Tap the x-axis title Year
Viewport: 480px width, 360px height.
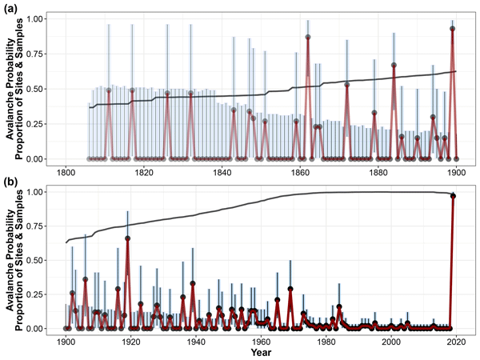260,352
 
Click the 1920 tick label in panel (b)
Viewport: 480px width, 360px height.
130,341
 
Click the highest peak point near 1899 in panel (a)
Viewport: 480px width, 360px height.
453,28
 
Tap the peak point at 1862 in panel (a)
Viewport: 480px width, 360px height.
308,37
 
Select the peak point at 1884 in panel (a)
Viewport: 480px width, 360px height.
394,65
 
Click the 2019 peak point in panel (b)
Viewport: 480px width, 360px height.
453,196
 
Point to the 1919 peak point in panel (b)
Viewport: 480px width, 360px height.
127,238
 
